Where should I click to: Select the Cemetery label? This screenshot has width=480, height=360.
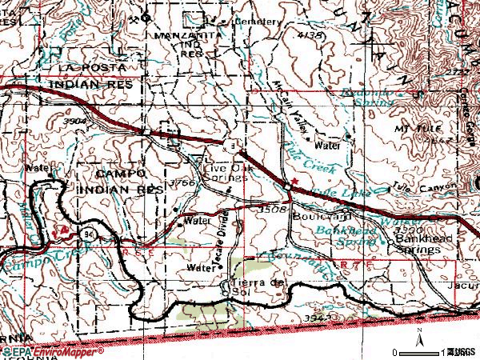257,22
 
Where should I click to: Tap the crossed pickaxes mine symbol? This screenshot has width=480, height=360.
63,229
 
